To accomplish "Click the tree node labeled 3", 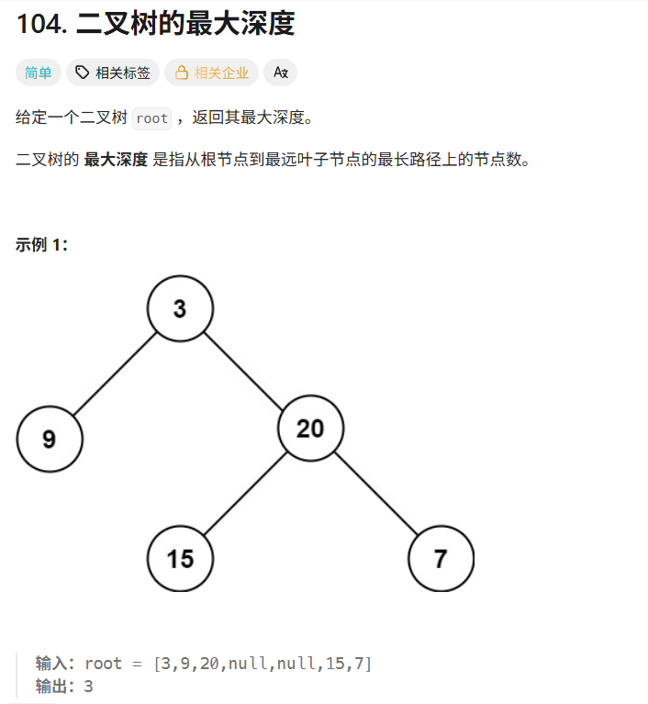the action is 180,308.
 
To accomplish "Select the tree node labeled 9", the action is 50,439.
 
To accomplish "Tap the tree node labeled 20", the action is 310,428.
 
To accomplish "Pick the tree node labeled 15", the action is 180,558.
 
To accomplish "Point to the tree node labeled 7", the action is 441,558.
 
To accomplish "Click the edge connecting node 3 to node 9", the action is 113,375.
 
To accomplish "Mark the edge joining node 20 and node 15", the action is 244,494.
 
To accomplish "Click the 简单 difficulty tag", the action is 39,73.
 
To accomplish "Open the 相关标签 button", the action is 113,73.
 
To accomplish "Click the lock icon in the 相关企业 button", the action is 182,73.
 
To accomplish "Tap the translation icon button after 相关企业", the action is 281,73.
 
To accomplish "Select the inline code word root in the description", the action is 151,118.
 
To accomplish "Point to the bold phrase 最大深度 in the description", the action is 116,160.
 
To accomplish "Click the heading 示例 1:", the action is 41,244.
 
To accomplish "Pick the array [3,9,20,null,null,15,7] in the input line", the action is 263,664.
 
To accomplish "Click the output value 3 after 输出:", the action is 88,686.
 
